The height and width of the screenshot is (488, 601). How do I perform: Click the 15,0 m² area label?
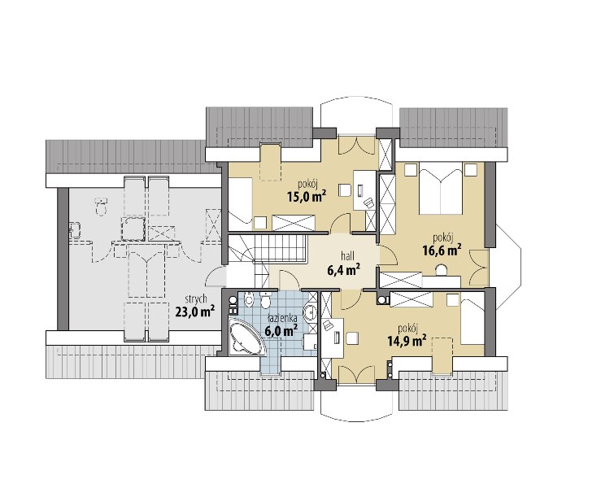[x=307, y=197]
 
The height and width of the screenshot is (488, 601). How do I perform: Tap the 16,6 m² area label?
[x=442, y=251]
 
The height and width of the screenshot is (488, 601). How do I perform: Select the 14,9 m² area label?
[x=407, y=341]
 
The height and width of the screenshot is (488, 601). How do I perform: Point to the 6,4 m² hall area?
[x=343, y=271]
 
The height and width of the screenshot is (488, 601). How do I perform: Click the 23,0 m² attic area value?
[x=194, y=312]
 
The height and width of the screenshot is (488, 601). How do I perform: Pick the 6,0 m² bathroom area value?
[x=281, y=330]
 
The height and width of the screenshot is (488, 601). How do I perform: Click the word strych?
[x=196, y=299]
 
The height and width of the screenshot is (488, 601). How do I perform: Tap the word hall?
[x=348, y=256]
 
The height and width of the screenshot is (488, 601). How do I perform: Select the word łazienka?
[x=281, y=318]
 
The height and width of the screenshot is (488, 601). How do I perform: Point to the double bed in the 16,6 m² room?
[x=441, y=188]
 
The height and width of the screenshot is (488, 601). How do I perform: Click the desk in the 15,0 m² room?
[x=364, y=190]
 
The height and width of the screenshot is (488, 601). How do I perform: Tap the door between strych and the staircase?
[x=216, y=277]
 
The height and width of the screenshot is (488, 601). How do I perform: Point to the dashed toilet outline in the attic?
[x=101, y=207]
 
